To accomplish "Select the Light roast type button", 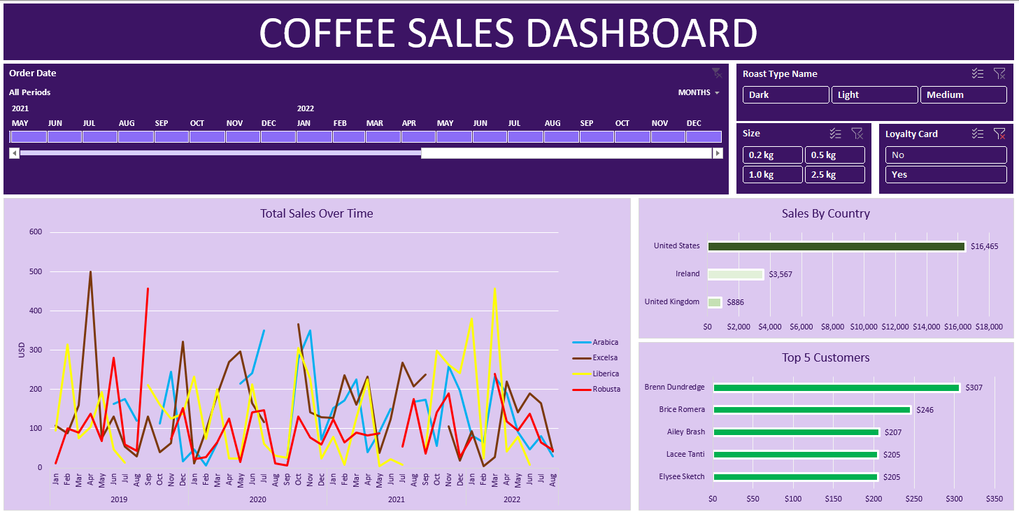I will [874, 95].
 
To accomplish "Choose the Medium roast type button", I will [963, 95].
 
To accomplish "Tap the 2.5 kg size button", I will [834, 175].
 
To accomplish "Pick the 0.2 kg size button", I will [772, 155].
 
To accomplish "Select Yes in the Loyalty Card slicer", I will [946, 175].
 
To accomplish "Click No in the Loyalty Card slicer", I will [946, 155].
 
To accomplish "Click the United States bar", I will [836, 246].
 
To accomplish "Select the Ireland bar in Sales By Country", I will [735, 274].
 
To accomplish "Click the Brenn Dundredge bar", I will [836, 387].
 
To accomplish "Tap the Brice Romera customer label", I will [682, 409].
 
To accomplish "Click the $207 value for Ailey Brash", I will [892, 432].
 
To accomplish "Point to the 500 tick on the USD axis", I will [35, 271].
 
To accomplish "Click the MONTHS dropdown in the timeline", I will [699, 92].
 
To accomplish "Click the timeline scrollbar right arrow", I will [717, 153].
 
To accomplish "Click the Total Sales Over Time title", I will [316, 213].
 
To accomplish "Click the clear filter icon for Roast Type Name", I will [999, 73].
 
